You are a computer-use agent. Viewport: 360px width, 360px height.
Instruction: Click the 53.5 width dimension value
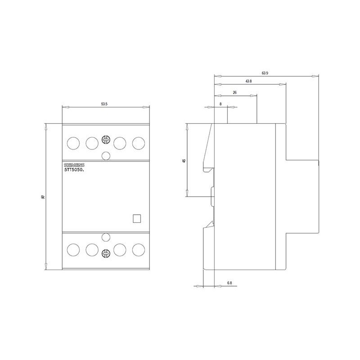104,104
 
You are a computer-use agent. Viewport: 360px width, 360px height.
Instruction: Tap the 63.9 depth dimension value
265,73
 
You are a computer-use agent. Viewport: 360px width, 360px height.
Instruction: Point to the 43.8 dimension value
248,81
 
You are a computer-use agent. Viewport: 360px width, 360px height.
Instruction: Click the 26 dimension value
235,92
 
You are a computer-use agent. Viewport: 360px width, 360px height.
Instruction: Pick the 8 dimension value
220,104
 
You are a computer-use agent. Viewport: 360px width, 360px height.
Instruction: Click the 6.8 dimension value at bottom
229,283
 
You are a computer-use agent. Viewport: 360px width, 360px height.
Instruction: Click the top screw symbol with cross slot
106,140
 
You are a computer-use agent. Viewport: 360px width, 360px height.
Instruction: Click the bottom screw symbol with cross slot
106,252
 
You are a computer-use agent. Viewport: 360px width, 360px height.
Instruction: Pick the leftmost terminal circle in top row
72,143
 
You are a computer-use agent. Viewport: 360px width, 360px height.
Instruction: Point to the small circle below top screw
106,155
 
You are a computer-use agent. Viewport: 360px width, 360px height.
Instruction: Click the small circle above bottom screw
106,237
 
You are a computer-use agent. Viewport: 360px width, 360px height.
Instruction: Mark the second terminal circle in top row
92,143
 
